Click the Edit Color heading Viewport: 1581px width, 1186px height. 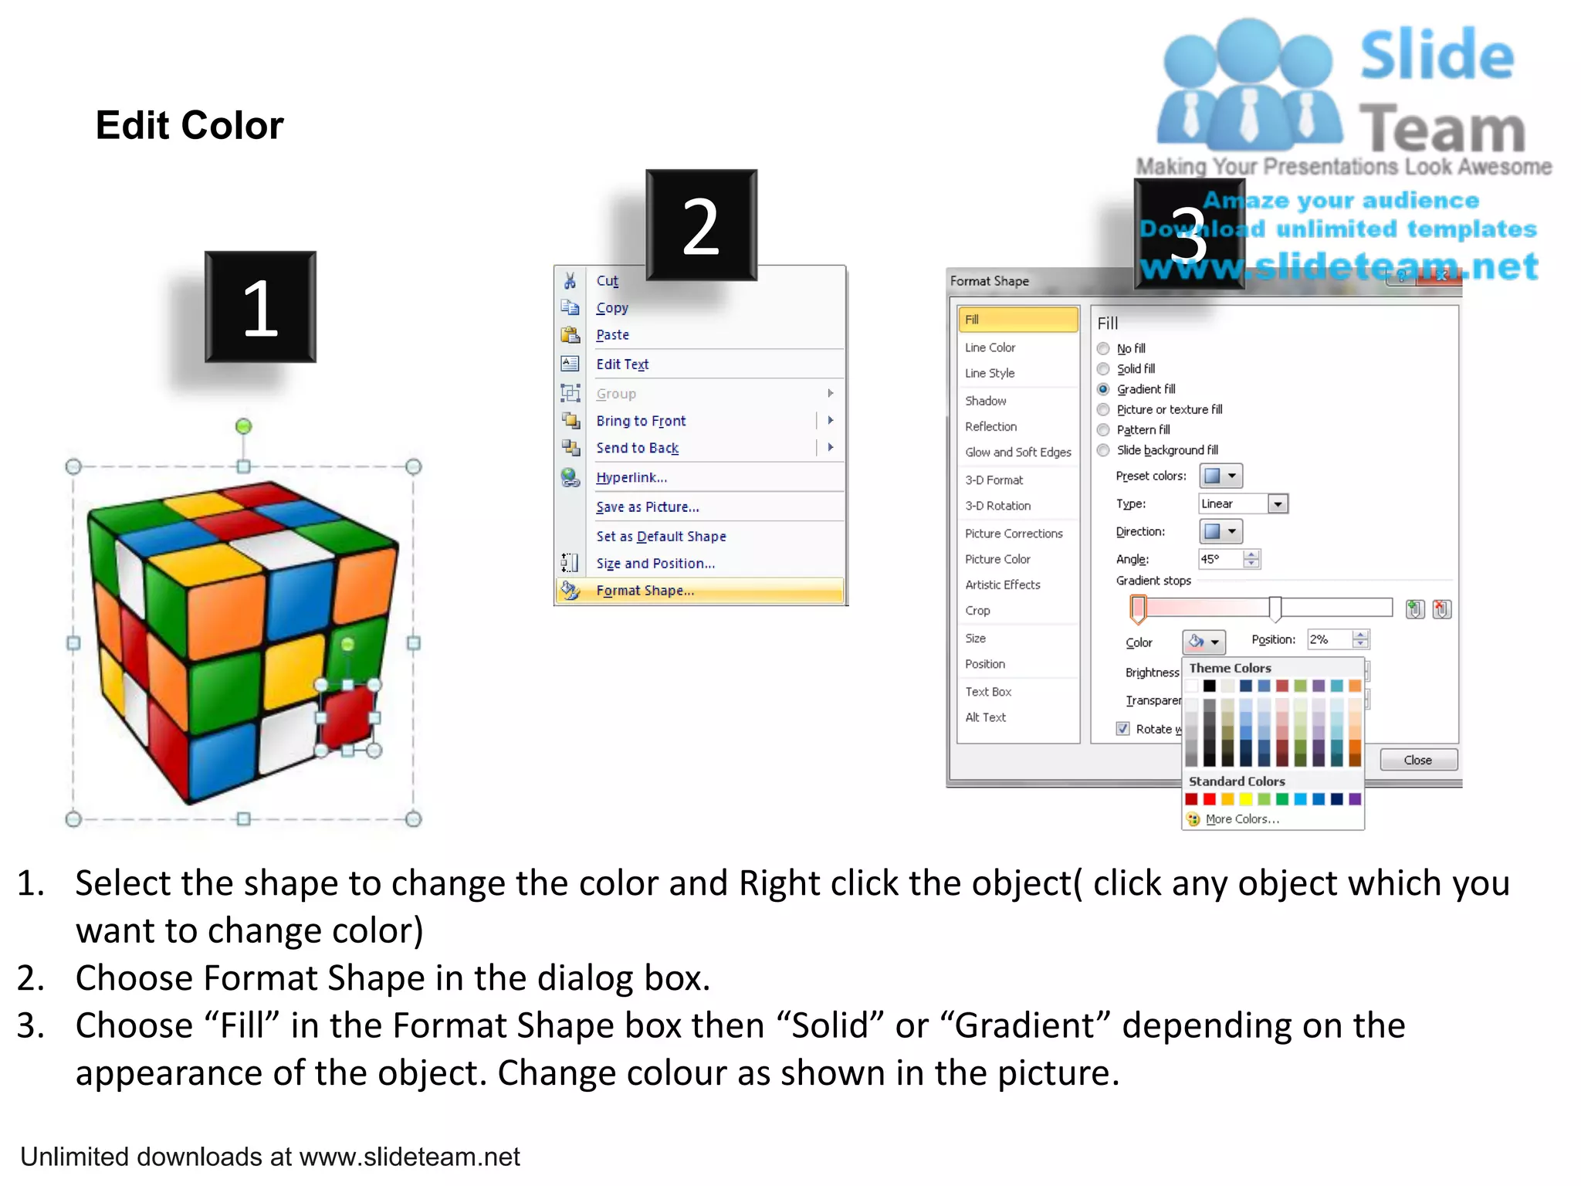(x=189, y=125)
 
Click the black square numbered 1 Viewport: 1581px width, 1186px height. (x=260, y=307)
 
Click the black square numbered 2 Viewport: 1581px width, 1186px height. (x=701, y=225)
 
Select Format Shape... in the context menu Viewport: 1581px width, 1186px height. (x=645, y=591)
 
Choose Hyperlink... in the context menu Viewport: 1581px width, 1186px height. (x=631, y=477)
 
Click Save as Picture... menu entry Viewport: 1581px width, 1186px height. (x=647, y=507)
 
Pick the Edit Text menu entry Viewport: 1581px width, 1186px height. (x=622, y=364)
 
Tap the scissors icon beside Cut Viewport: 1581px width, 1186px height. (x=570, y=280)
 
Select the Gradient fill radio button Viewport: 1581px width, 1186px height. (x=1103, y=389)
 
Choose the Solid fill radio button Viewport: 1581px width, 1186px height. (x=1103, y=369)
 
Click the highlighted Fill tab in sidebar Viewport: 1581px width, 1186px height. (x=1017, y=320)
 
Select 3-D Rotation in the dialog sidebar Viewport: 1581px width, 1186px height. (x=997, y=506)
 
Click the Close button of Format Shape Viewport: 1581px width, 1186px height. (x=1417, y=760)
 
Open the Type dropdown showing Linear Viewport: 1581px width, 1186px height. (x=1278, y=504)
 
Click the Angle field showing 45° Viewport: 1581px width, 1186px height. (x=1220, y=559)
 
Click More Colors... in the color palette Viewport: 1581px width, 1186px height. (x=1241, y=819)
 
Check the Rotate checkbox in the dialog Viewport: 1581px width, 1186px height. (x=1123, y=728)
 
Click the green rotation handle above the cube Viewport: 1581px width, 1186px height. (x=243, y=426)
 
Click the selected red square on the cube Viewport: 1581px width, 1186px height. (x=347, y=718)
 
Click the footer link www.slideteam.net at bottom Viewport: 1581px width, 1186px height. (x=409, y=1157)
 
